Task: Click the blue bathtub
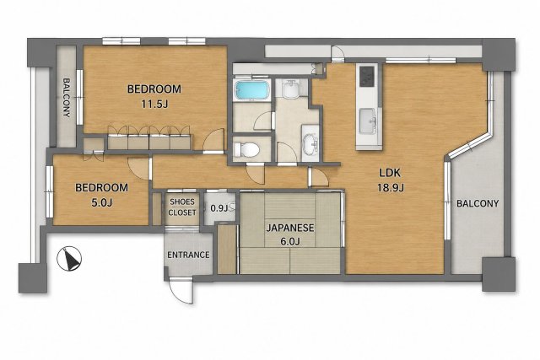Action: pyautogui.click(x=251, y=90)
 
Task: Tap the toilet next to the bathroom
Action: pyautogui.click(x=246, y=150)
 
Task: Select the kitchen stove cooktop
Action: pyautogui.click(x=366, y=76)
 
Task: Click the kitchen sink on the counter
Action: pyautogui.click(x=368, y=121)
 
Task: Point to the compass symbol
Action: pyautogui.click(x=69, y=259)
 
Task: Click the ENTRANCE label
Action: pyautogui.click(x=188, y=255)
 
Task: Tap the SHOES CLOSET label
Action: pyautogui.click(x=182, y=207)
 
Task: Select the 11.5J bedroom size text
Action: pyautogui.click(x=154, y=104)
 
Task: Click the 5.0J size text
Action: pyautogui.click(x=101, y=202)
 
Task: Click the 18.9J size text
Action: pyautogui.click(x=391, y=188)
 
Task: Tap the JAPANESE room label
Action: pyautogui.click(x=290, y=228)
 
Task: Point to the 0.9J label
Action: pyautogui.click(x=219, y=208)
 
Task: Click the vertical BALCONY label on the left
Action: pyautogui.click(x=67, y=98)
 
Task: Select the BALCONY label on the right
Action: pyautogui.click(x=478, y=203)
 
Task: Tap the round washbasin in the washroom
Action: pyautogui.click(x=311, y=143)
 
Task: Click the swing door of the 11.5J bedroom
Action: pyautogui.click(x=213, y=141)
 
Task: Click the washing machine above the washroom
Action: pyautogui.click(x=291, y=89)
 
